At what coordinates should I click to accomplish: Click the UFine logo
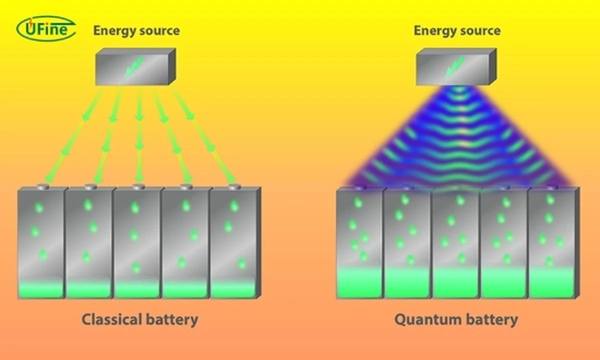(x=46, y=28)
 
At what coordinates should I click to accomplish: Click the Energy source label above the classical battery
(x=136, y=31)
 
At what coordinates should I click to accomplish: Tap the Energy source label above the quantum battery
(x=456, y=31)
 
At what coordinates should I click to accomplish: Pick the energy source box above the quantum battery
(x=455, y=66)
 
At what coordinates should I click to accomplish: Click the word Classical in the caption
(x=110, y=319)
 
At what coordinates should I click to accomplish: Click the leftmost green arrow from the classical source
(x=75, y=135)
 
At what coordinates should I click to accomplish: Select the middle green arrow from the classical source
(x=139, y=135)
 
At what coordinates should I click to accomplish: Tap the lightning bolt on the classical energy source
(x=133, y=68)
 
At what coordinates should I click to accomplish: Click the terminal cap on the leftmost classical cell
(x=42, y=186)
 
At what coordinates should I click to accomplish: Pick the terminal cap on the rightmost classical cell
(x=234, y=186)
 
